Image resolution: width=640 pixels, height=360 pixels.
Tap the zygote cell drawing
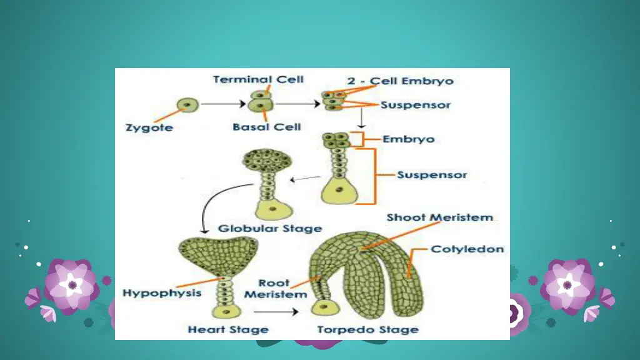[x=187, y=104]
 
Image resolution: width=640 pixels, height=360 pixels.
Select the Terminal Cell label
[x=258, y=79]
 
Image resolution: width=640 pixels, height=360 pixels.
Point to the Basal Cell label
[x=267, y=127]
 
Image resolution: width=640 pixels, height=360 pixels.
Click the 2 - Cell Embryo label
[x=400, y=81]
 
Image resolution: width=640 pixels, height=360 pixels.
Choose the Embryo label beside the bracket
[x=408, y=139]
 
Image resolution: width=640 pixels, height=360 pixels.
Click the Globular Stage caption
[x=270, y=229]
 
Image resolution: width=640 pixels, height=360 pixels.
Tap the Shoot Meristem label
[x=439, y=217]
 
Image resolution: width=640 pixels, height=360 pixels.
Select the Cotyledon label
[x=467, y=249]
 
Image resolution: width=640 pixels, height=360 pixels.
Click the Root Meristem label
[x=275, y=289]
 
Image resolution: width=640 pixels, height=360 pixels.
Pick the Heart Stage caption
[x=228, y=329]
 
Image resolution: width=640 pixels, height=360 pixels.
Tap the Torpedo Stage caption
[x=367, y=329]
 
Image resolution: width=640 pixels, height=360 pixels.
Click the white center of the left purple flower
[x=72, y=285]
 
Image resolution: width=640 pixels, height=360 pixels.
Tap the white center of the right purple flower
[x=567, y=285]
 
